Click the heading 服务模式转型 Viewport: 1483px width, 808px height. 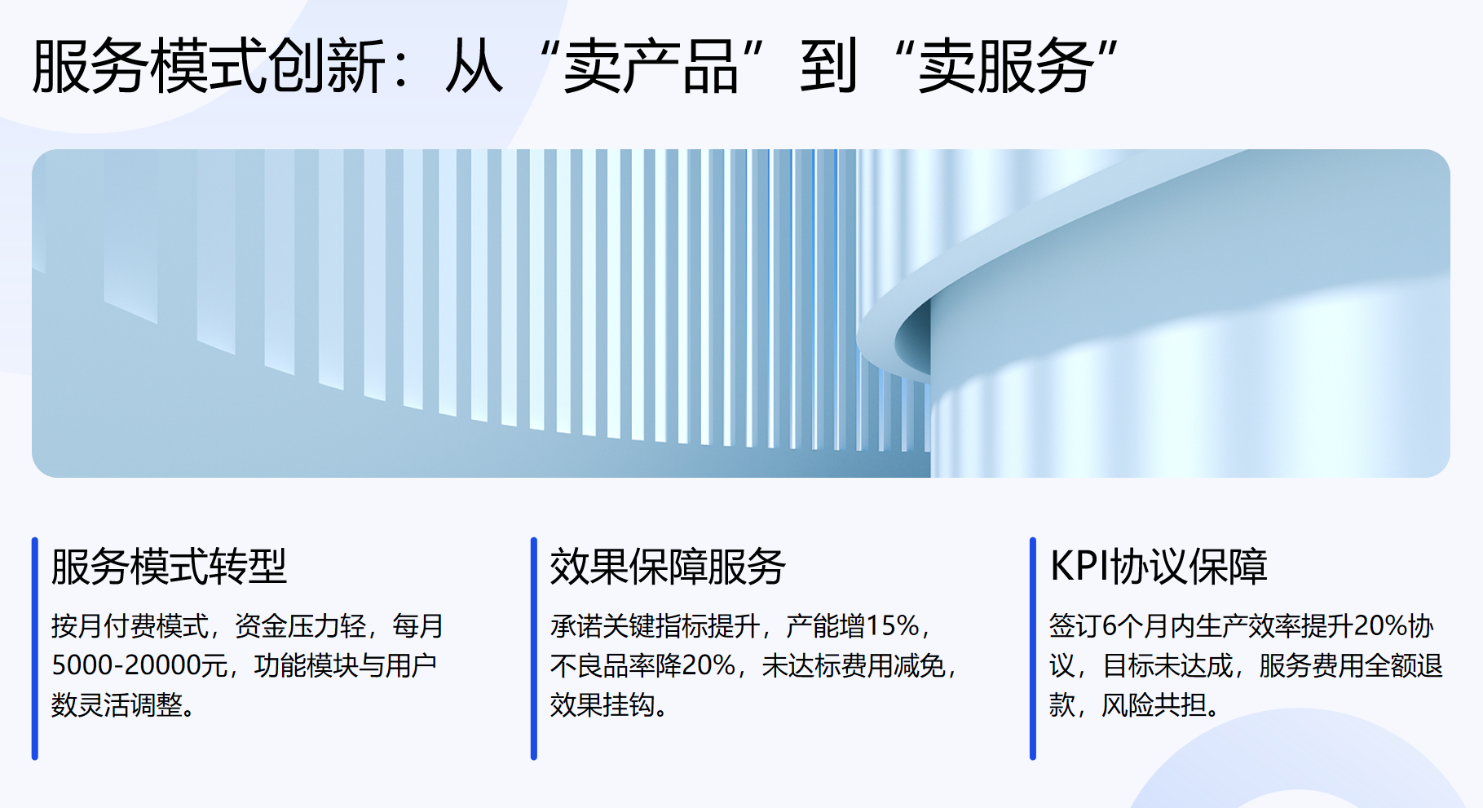point(169,567)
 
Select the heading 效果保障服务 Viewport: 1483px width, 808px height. point(668,567)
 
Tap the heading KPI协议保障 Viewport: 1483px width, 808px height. point(1159,567)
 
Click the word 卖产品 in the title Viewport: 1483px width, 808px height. point(651,67)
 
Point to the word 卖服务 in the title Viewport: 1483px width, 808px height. point(1006,67)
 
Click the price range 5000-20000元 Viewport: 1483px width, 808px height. point(139,665)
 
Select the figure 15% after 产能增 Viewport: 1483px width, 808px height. point(893,626)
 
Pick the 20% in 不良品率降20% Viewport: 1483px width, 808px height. point(708,665)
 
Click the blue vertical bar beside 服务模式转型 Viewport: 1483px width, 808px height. point(35,648)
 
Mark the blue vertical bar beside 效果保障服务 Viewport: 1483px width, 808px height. point(534,648)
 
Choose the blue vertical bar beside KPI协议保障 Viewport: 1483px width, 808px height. point(1033,648)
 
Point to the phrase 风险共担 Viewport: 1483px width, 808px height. point(1154,704)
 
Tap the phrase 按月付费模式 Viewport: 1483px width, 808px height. point(130,626)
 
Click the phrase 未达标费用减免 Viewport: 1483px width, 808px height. point(853,665)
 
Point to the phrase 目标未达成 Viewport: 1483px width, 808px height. point(1167,665)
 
